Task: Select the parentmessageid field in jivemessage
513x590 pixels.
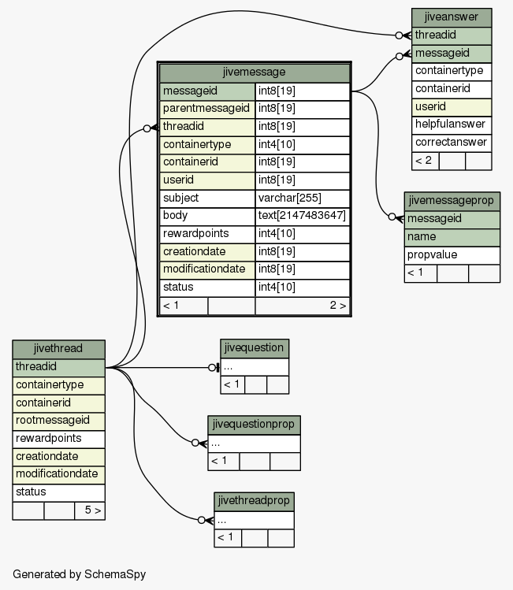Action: click(x=207, y=109)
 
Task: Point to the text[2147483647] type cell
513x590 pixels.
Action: click(x=303, y=216)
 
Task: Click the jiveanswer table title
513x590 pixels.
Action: click(x=452, y=17)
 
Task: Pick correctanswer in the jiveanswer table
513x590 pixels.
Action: click(x=452, y=143)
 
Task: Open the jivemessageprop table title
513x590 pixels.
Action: click(x=452, y=202)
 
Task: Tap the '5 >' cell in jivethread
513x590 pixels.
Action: click(x=90, y=510)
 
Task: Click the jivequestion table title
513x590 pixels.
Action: click(x=255, y=348)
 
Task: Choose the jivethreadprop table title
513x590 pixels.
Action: click(x=254, y=502)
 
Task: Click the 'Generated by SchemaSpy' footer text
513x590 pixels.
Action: click(x=79, y=574)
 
